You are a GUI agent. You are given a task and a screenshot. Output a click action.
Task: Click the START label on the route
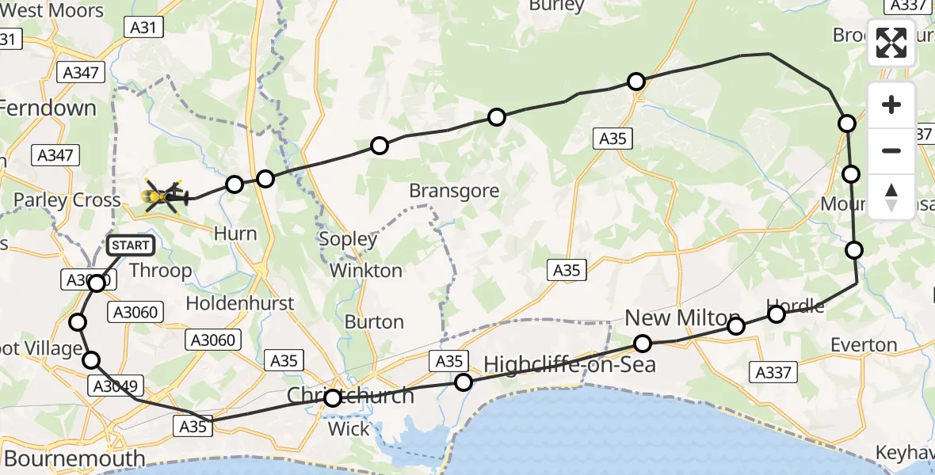[x=130, y=245]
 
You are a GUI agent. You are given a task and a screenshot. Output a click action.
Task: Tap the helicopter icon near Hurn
[x=163, y=195]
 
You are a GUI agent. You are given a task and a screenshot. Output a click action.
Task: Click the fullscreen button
[x=891, y=43]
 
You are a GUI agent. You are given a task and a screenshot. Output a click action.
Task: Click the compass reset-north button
[x=891, y=197]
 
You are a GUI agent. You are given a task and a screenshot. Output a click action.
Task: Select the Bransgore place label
[x=454, y=191]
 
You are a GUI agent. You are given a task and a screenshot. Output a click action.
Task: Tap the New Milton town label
[x=682, y=317]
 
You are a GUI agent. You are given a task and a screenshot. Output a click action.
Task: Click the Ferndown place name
[x=49, y=108]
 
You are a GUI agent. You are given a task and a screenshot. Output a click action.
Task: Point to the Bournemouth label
[x=74, y=458]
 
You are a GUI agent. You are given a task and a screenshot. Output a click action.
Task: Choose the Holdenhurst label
[x=240, y=302]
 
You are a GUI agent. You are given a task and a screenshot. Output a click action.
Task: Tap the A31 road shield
[x=143, y=28]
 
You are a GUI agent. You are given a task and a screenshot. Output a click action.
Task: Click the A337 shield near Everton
[x=773, y=371]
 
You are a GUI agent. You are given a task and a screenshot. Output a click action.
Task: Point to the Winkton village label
[x=365, y=270]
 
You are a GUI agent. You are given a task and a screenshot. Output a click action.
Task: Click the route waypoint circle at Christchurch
[x=333, y=398]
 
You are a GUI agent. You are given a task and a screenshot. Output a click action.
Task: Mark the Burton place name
[x=374, y=321]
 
